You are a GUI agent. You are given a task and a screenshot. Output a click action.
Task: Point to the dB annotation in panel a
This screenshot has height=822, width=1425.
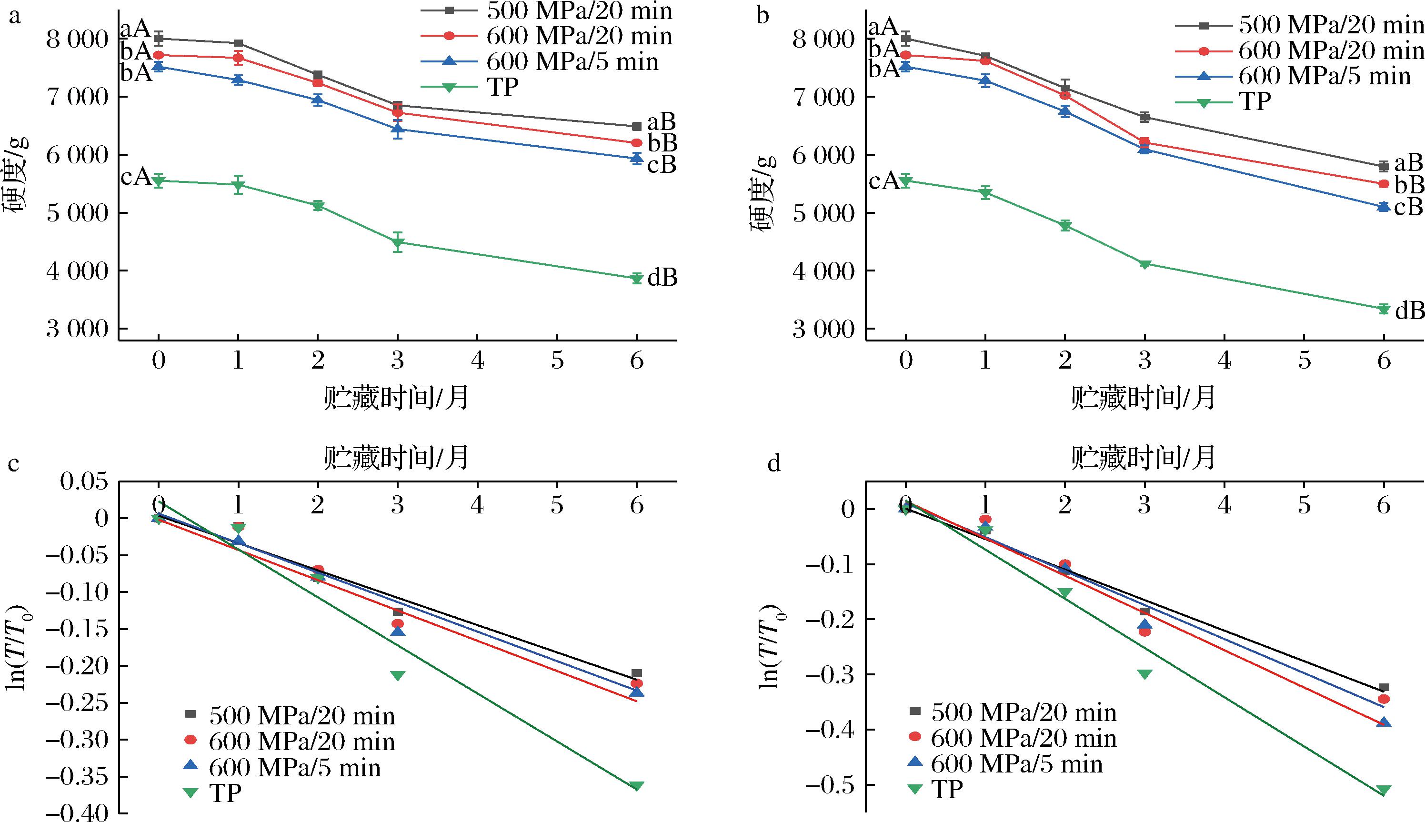coord(662,277)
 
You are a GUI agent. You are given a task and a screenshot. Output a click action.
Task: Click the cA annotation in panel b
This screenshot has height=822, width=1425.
coord(884,181)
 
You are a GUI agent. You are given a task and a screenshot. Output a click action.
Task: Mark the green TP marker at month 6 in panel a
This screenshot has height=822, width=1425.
coord(637,278)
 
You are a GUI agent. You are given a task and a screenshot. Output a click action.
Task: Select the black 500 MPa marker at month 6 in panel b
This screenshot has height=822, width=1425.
coord(1384,166)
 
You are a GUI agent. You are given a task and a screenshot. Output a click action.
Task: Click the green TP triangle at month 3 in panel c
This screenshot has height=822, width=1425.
coord(398,676)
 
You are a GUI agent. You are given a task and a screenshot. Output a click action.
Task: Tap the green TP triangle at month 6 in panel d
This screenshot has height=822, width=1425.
coord(1384,791)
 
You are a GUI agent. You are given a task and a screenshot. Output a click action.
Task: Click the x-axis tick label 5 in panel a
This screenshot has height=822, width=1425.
coord(557,360)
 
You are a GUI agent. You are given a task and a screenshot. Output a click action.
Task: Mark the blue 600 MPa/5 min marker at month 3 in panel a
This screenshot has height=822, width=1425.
coord(398,129)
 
